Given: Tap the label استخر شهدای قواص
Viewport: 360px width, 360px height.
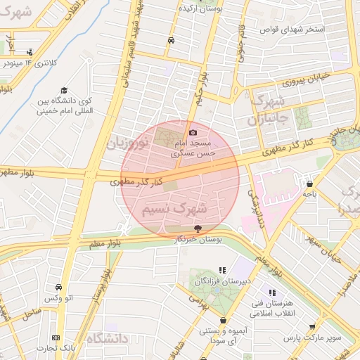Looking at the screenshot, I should point(292,29).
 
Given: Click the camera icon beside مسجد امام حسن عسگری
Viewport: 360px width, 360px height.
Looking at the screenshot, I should point(193,132).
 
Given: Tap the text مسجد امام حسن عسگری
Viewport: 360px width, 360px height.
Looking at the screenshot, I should point(197,146).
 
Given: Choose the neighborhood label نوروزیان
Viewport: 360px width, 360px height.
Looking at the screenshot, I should point(127,143).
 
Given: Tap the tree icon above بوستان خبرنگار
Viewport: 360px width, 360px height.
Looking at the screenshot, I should point(197,228).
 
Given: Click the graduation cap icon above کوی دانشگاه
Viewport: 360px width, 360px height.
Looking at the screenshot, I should point(63,90).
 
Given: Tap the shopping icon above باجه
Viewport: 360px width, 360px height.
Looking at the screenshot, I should point(309,184).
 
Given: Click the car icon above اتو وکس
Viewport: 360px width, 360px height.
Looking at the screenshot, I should point(58,287).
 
